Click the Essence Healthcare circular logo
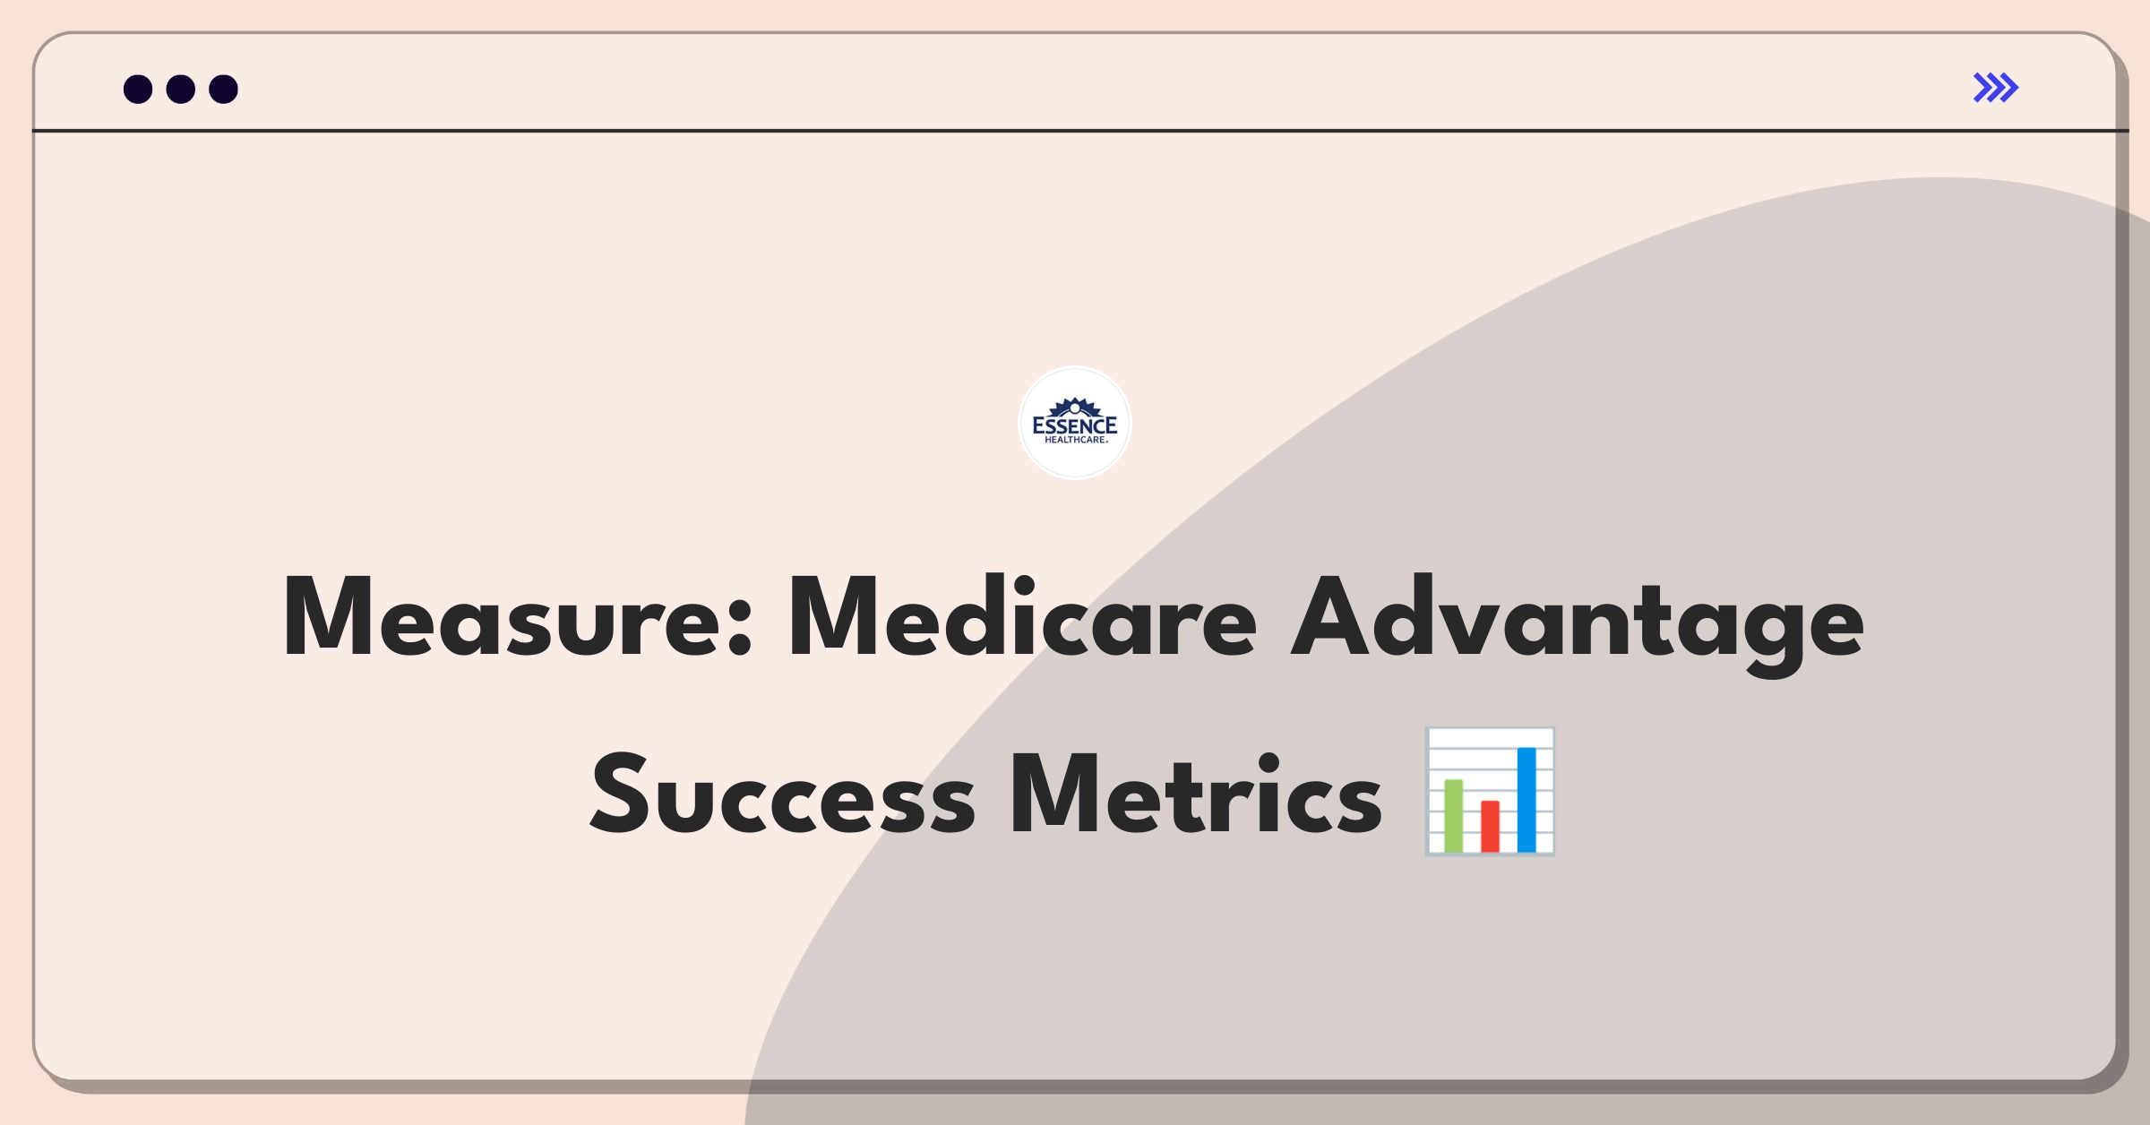click(x=1075, y=423)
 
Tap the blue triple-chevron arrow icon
click(x=1996, y=88)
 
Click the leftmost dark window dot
click(x=138, y=90)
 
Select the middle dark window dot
click(x=181, y=90)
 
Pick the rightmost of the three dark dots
click(x=223, y=90)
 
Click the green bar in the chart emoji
click(x=1453, y=816)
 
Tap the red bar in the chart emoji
click(x=1490, y=826)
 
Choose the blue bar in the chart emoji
click(x=1526, y=800)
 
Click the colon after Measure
click(x=740, y=631)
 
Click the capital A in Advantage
click(x=1335, y=617)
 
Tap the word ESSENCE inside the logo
click(x=1075, y=425)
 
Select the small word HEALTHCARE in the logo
click(x=1076, y=440)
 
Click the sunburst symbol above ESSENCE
click(x=1075, y=407)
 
